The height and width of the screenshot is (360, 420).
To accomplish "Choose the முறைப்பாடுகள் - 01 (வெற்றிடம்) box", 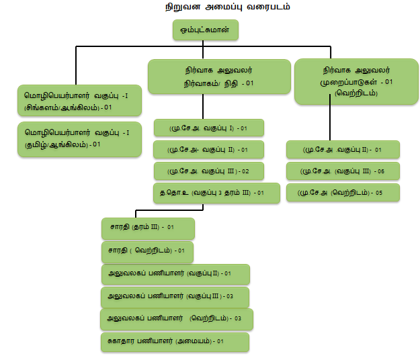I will pos(356,81).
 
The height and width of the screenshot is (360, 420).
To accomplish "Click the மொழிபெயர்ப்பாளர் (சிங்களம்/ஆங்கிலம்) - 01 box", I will pos(79,101).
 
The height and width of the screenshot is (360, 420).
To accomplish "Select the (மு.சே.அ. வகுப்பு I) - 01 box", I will pos(208,128).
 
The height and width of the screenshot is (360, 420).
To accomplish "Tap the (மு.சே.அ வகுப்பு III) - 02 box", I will pos(208,171).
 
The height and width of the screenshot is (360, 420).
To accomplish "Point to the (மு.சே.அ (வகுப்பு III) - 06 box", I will pos(343,171).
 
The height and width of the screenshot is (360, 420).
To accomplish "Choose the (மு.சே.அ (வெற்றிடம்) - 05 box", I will pos(343,193).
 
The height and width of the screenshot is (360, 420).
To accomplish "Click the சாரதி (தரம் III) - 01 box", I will pos(148,228).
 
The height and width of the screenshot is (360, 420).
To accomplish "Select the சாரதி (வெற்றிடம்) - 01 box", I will pos(146,251).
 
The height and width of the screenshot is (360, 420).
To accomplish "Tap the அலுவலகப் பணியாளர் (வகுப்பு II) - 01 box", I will pos(175,274).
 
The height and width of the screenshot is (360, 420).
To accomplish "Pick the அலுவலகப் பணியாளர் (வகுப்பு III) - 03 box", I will pos(175,296).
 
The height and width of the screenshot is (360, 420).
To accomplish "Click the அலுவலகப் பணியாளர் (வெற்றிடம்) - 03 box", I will pos(176,318).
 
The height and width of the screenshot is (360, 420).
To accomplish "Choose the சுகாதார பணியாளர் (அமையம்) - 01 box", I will pos(175,342).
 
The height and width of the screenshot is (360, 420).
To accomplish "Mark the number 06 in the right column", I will pos(380,171).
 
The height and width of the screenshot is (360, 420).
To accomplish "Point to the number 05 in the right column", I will pos(380,193).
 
